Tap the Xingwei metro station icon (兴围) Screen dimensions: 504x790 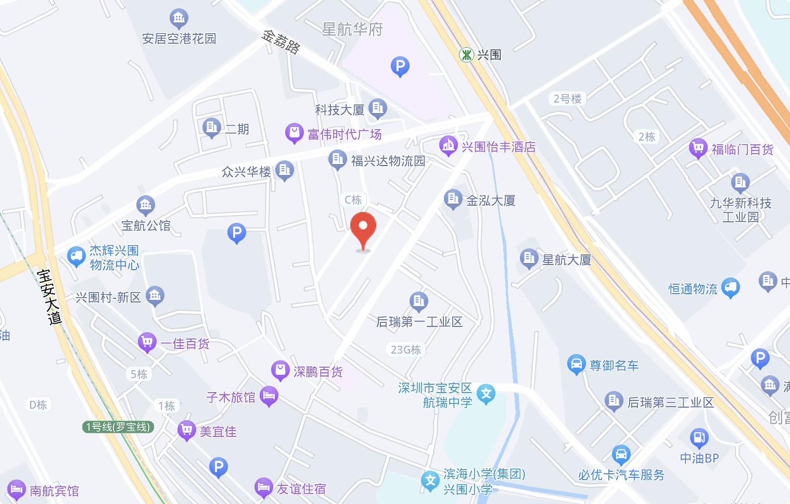(466, 55)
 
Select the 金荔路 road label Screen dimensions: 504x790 (281, 42)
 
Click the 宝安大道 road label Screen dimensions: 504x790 (50, 297)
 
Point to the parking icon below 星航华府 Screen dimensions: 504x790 (400, 66)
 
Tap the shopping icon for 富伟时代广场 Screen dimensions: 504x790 (294, 133)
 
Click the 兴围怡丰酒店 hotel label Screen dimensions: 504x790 (499, 147)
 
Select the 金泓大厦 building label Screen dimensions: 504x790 (491, 200)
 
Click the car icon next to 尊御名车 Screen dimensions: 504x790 (576, 364)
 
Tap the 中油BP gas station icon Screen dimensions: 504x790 (699, 438)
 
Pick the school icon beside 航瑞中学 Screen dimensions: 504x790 (486, 394)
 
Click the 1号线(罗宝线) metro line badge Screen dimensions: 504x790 (119, 427)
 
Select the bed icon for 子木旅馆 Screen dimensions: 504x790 (269, 396)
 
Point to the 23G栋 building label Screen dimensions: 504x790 (406, 349)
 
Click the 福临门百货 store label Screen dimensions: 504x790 (743, 150)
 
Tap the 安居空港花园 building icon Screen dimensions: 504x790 (179, 19)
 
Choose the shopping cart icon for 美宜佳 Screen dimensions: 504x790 (186, 430)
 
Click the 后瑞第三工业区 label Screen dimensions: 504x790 (670, 402)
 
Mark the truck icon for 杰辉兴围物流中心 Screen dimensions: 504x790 (77, 256)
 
